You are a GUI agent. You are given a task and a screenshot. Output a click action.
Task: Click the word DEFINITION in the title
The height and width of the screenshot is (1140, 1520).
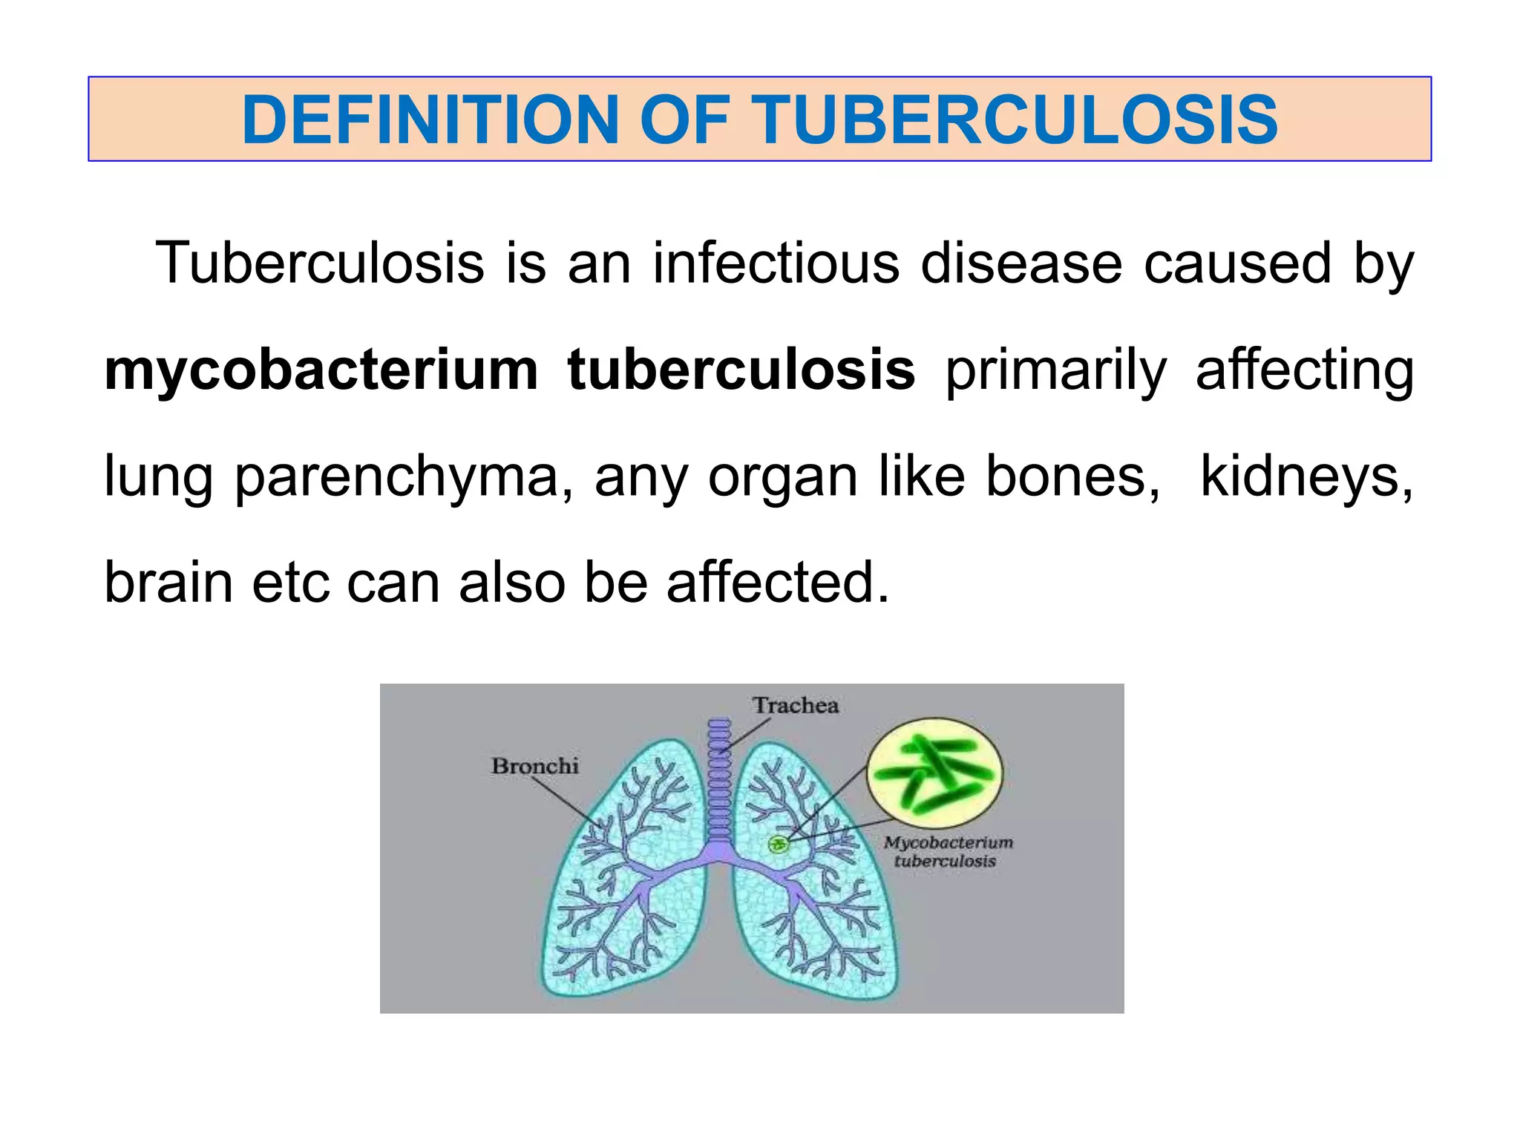[430, 119]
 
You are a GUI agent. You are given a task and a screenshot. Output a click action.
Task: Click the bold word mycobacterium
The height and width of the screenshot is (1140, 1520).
[321, 370]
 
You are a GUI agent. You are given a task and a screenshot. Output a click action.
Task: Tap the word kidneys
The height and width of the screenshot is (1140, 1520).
[1306, 477]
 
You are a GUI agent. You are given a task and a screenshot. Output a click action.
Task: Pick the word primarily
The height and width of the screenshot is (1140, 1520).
[1055, 371]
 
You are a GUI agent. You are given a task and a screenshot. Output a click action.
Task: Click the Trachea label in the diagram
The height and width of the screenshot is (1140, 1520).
[795, 705]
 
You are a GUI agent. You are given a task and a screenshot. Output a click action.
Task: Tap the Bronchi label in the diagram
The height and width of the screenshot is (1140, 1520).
[534, 766]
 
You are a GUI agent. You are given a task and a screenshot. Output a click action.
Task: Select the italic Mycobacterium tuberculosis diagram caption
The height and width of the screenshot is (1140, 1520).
[947, 852]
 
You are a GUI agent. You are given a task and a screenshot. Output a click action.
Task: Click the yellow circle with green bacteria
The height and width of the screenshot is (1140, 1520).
[935, 773]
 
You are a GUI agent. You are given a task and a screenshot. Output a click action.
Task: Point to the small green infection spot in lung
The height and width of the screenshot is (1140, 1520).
[778, 844]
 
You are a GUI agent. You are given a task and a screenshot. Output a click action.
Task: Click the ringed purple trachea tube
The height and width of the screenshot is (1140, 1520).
[718, 787]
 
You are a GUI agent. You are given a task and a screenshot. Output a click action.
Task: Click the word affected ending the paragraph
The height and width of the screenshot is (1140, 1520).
[777, 583]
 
